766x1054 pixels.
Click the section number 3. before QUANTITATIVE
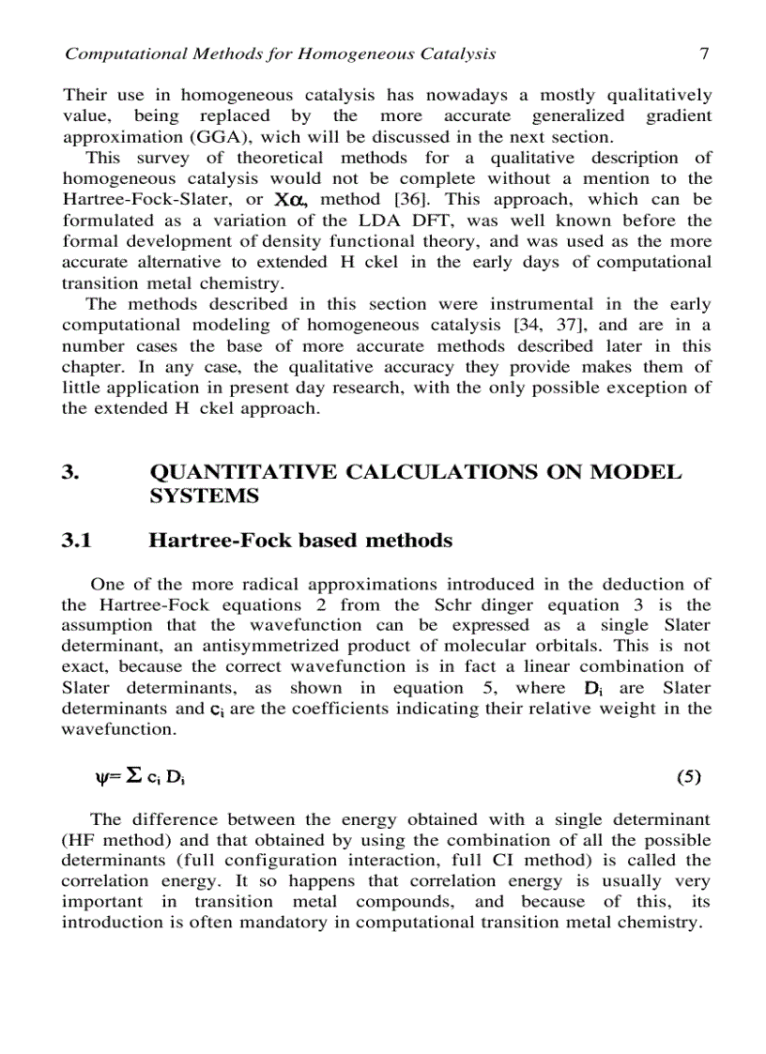pyautogui.click(x=69, y=472)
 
